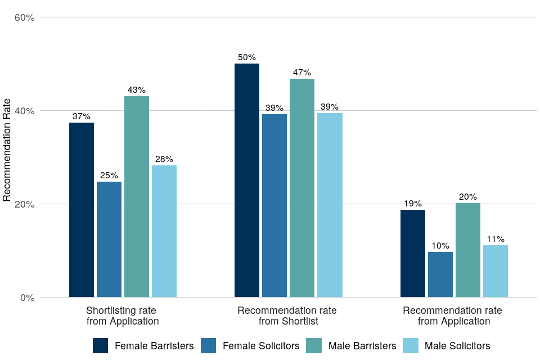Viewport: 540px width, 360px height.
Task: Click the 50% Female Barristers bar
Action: pos(247,180)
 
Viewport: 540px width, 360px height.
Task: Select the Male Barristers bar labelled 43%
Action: pos(137,196)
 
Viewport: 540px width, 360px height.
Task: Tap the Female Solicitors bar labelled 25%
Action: pos(109,239)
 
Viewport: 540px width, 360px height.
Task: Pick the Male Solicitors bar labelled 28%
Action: pos(164,231)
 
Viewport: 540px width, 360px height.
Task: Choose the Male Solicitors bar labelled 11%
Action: pos(496,271)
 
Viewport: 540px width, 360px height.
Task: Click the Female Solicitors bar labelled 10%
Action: pos(440,274)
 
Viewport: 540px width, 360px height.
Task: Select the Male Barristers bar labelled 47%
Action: pos(302,188)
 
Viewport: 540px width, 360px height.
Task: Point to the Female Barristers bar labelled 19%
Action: pos(413,253)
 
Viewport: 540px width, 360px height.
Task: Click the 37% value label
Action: pos(82,116)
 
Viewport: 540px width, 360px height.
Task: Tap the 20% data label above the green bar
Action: pos(467,197)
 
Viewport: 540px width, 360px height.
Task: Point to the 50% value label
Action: pos(247,57)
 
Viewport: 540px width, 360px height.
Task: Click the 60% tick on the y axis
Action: pos(24,17)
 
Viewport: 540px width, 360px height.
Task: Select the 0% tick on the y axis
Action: pos(26,298)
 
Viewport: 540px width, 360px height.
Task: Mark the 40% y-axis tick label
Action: pos(24,111)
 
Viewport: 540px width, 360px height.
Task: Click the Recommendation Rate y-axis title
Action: pos(7,150)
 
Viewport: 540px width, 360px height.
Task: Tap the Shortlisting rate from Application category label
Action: pos(123,316)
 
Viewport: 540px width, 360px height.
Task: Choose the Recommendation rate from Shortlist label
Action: pos(288,316)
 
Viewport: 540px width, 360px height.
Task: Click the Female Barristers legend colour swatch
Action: pos(101,346)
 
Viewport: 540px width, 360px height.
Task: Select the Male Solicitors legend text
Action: pos(457,346)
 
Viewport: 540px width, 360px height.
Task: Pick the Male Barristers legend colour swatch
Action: pos(313,346)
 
